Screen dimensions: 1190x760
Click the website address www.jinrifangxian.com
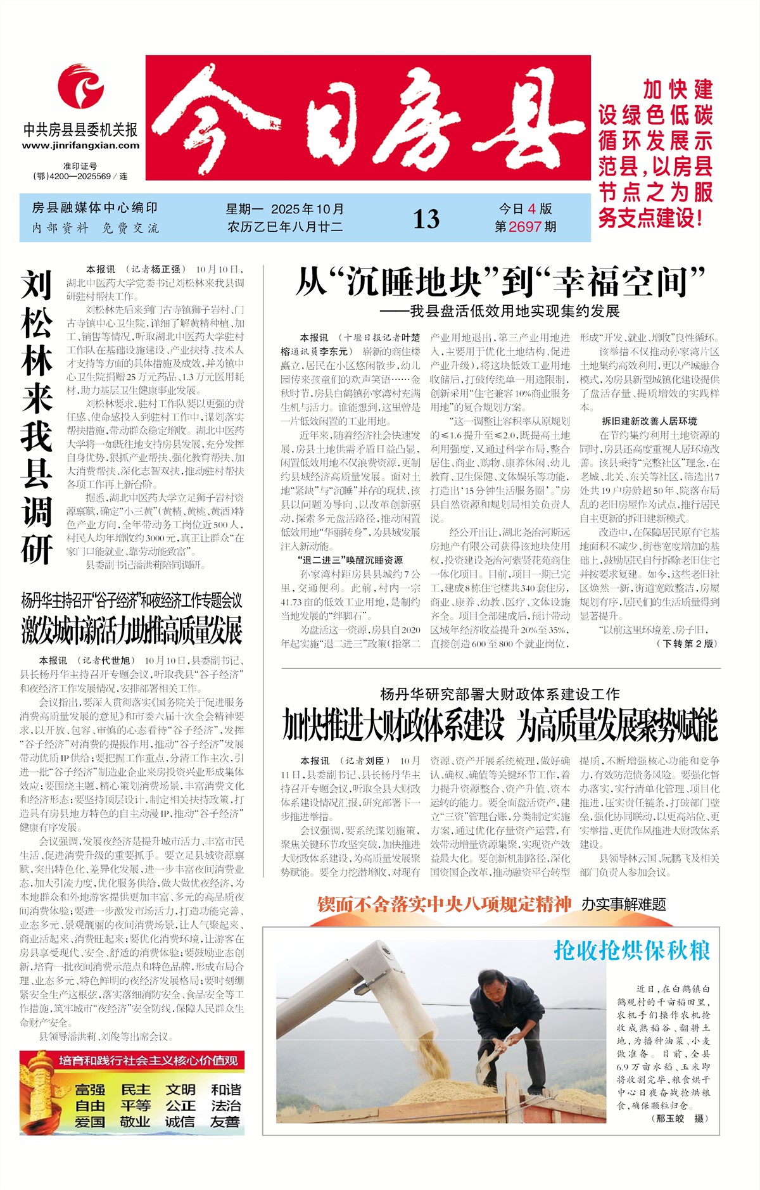point(80,146)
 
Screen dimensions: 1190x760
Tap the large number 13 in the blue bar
point(426,219)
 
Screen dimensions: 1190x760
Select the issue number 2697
point(525,227)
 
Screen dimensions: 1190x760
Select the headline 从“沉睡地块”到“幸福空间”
point(500,282)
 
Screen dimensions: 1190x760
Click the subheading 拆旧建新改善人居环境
point(649,421)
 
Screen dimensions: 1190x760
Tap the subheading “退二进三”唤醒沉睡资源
point(350,560)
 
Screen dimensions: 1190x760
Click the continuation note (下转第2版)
point(687,643)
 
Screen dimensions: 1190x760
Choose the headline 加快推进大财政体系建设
point(393,726)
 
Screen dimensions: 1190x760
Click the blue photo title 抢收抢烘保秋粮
point(631,951)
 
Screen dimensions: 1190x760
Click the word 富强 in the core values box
point(90,1090)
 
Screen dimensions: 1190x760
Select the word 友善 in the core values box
point(225,1122)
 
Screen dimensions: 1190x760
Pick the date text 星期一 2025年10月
point(285,209)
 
